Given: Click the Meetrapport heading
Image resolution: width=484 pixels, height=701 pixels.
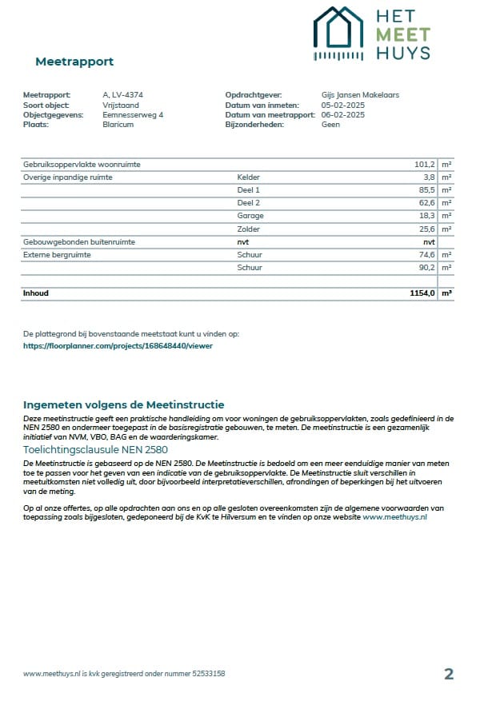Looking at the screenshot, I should [x=74, y=62].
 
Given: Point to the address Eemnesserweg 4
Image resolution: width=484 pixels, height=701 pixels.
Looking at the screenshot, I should [x=133, y=115].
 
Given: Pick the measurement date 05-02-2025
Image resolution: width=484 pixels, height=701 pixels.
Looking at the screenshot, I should [x=343, y=105].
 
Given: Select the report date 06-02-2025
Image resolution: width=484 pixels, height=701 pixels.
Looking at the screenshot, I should [x=343, y=115].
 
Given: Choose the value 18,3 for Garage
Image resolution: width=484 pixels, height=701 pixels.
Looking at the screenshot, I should [x=427, y=216].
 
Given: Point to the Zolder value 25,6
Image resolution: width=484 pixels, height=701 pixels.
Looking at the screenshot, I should [x=427, y=229].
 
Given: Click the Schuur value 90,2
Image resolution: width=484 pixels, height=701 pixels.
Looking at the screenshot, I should [x=427, y=268].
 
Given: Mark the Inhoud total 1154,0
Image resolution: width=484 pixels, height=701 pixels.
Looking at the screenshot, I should [x=422, y=293].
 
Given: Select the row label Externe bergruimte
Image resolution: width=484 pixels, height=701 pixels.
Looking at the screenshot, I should [x=57, y=255].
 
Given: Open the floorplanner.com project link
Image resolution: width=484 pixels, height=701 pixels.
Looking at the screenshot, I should [x=118, y=346].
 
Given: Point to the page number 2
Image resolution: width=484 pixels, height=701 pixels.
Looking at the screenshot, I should [x=449, y=674].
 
